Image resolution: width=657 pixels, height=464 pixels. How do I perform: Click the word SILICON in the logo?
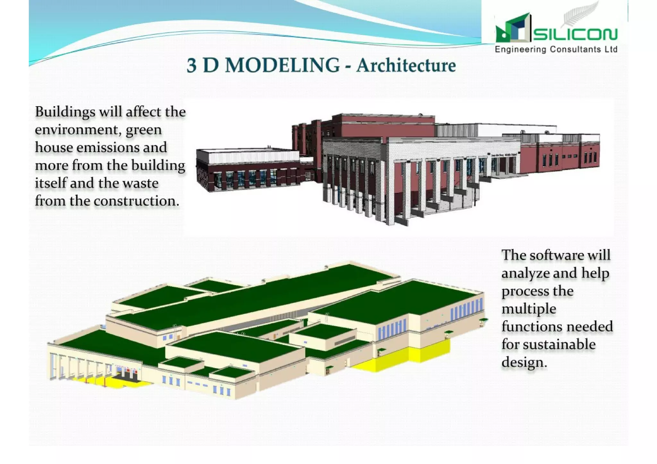pyautogui.click(x=575, y=34)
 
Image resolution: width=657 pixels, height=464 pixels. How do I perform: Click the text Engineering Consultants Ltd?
pyautogui.click(x=556, y=49)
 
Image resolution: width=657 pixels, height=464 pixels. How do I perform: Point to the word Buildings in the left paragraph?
pyautogui.click(x=65, y=112)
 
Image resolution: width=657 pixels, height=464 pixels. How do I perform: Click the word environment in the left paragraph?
pyautogui.click(x=76, y=130)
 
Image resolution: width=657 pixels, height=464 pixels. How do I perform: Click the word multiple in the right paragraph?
pyautogui.click(x=529, y=309)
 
